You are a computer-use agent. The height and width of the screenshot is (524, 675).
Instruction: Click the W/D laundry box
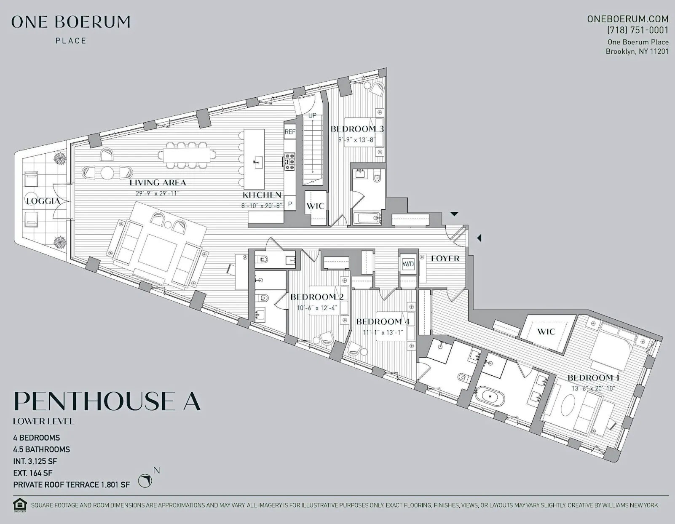[x=408, y=264]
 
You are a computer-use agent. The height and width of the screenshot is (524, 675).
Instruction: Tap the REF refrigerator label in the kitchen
[x=290, y=132]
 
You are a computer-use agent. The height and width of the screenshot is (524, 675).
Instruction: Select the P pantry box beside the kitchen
[x=290, y=203]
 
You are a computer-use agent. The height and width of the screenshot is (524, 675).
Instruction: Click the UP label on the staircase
[x=312, y=115]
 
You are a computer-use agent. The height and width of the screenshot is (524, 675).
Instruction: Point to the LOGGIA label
[x=43, y=201]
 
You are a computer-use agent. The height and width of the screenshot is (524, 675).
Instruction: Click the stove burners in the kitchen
[x=290, y=161]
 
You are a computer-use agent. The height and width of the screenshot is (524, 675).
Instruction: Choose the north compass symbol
[x=145, y=481]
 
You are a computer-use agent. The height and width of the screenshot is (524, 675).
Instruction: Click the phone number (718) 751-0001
[x=637, y=30]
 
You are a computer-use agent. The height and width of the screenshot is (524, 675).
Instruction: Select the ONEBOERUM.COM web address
[x=627, y=19]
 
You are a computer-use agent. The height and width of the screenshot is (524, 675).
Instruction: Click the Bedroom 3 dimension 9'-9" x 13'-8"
[x=356, y=139]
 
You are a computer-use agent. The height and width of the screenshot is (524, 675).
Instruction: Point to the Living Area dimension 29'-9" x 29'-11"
[x=157, y=193]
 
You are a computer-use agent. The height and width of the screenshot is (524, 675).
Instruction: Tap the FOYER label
[x=445, y=258]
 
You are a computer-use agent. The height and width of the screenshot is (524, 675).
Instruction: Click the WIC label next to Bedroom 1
[x=546, y=332]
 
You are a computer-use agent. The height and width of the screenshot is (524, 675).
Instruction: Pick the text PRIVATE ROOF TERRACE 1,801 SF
[x=71, y=485]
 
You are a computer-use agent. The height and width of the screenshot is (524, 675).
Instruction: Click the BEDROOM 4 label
[x=383, y=322]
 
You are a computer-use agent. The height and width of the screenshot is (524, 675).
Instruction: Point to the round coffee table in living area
[x=107, y=173]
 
